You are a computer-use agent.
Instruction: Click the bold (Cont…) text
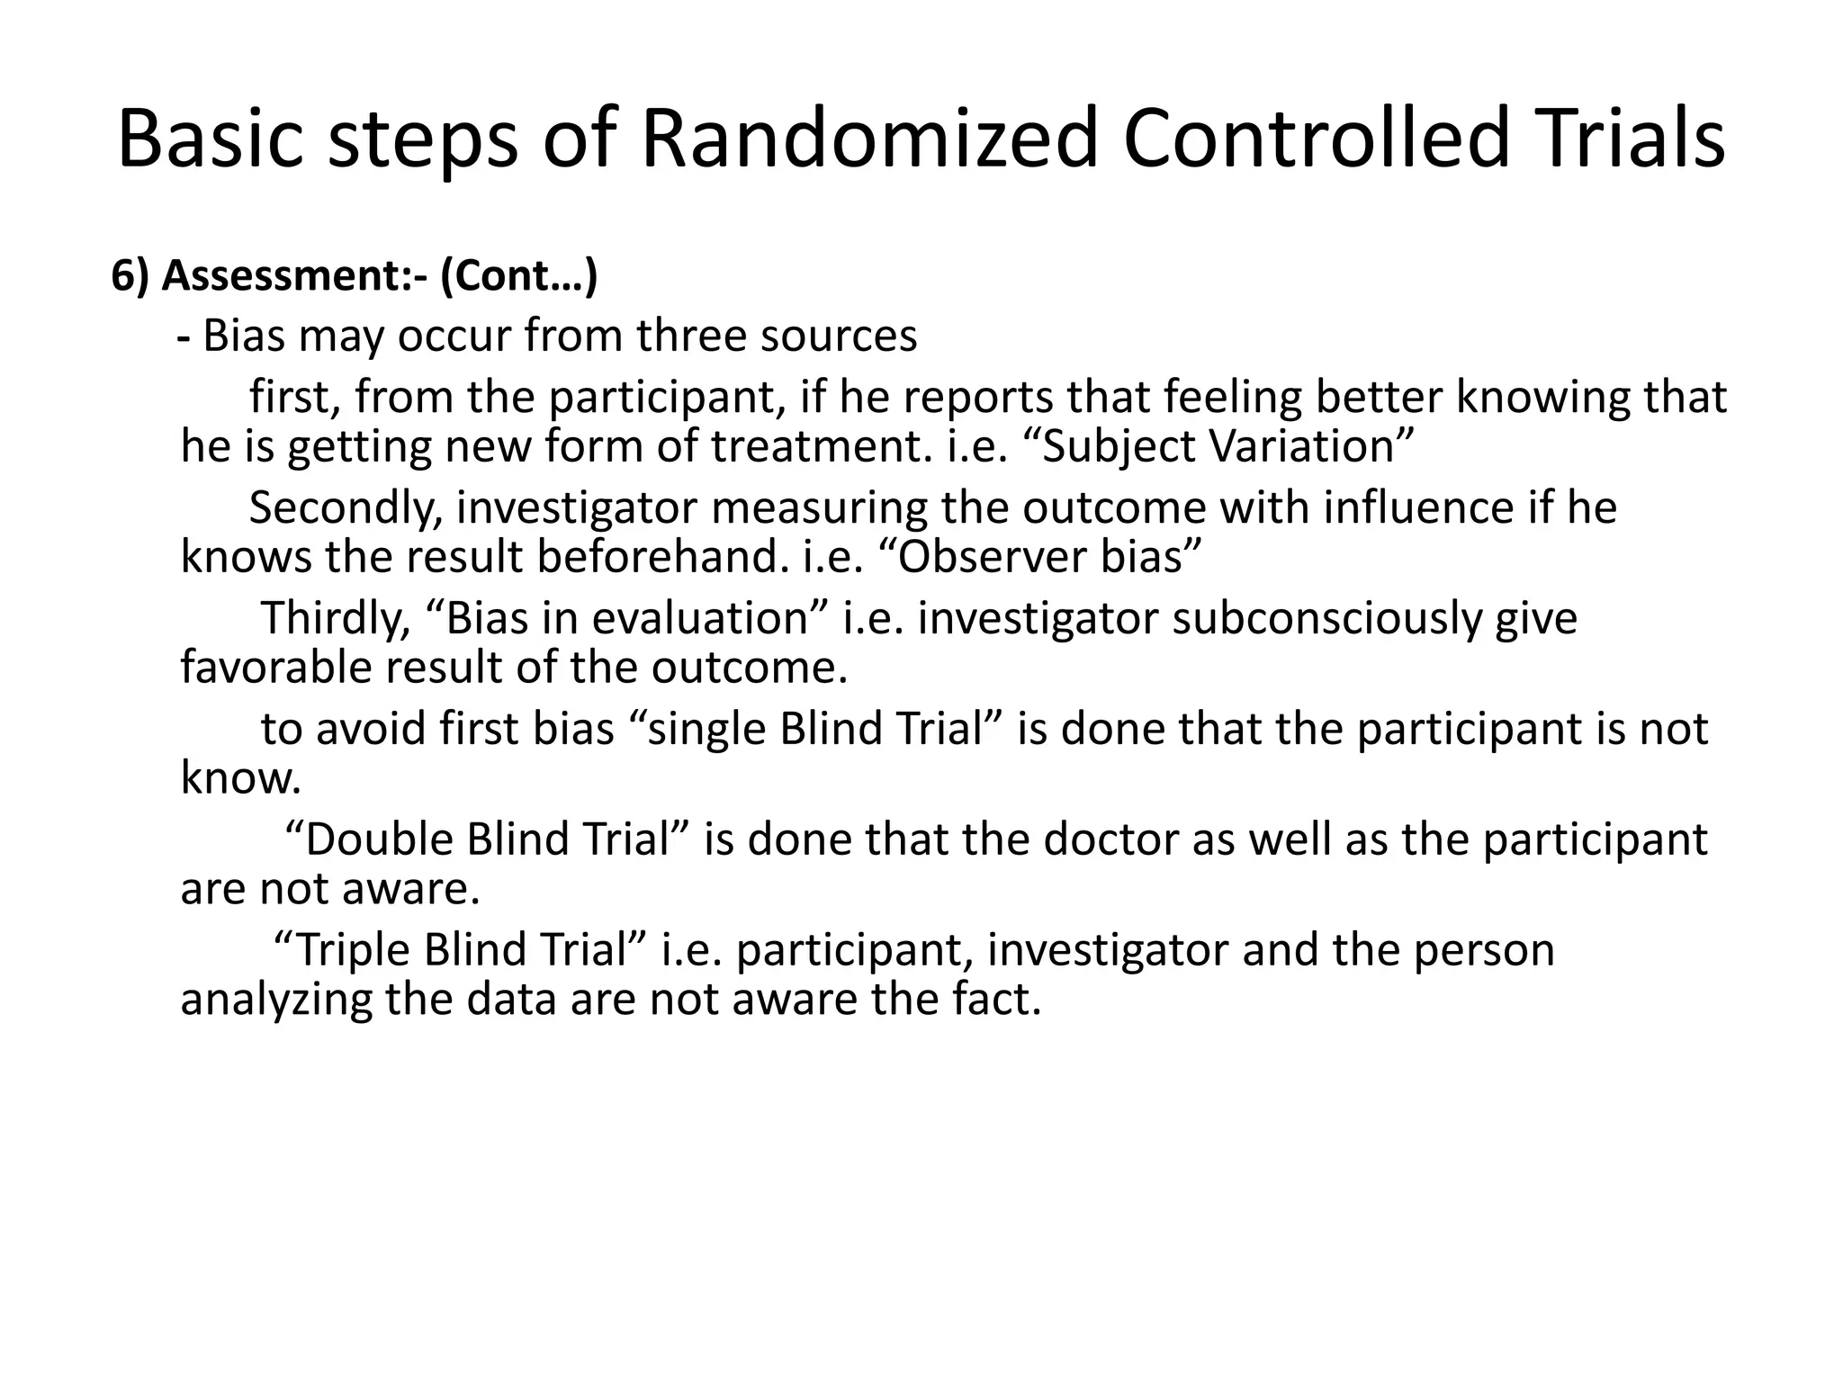tap(519, 276)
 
